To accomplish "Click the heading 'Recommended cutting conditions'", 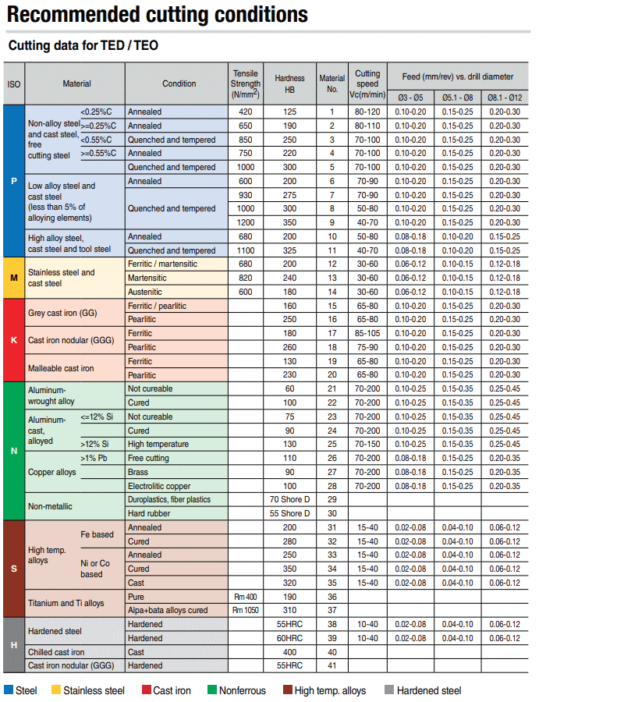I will click(158, 14).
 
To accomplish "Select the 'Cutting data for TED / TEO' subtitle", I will click(83, 45).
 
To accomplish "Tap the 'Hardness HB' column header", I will click(289, 83).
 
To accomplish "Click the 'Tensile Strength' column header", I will click(245, 83).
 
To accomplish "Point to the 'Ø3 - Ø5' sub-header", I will click(409, 97).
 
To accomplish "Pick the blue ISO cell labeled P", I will click(14, 181).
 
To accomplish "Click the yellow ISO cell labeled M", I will click(14, 278).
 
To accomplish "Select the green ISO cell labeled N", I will click(14, 451).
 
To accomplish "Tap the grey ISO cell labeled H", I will click(14, 645).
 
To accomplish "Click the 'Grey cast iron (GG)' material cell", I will click(62, 313).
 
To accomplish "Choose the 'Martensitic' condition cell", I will click(149, 278).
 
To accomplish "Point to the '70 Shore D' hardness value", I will click(289, 499).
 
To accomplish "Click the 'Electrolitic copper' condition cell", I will click(159, 486).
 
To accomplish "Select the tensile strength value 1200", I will click(245, 222).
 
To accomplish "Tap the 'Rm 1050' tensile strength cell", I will click(245, 610).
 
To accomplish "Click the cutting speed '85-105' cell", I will click(367, 333).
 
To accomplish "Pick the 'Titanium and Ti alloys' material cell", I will click(66, 603).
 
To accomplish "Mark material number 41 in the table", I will click(331, 665).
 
